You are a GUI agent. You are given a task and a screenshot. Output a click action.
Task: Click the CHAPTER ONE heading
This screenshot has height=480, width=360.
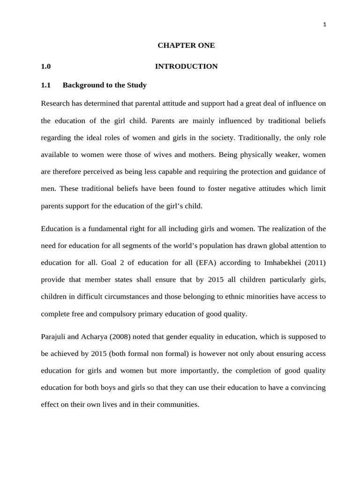click(186, 45)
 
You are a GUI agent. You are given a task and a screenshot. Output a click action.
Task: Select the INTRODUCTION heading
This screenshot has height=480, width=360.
click(186, 67)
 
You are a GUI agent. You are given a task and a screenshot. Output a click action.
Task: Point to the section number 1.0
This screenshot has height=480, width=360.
click(45, 67)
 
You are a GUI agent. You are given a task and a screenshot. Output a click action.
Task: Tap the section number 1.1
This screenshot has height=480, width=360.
click(45, 85)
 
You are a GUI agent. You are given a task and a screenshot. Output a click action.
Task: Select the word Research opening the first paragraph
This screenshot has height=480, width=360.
click(55, 104)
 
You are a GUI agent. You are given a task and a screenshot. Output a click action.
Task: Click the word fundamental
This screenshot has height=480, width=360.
click(99, 229)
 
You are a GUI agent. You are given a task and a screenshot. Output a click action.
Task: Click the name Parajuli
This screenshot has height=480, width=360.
click(55, 337)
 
